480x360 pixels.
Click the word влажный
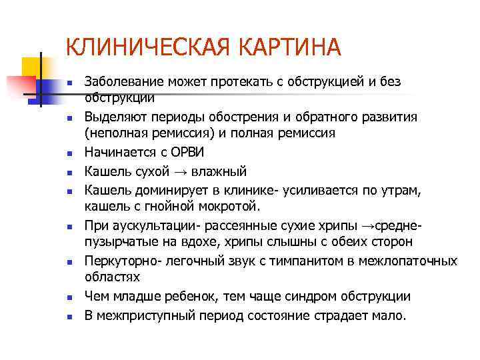pyautogui.click(x=221, y=170)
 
